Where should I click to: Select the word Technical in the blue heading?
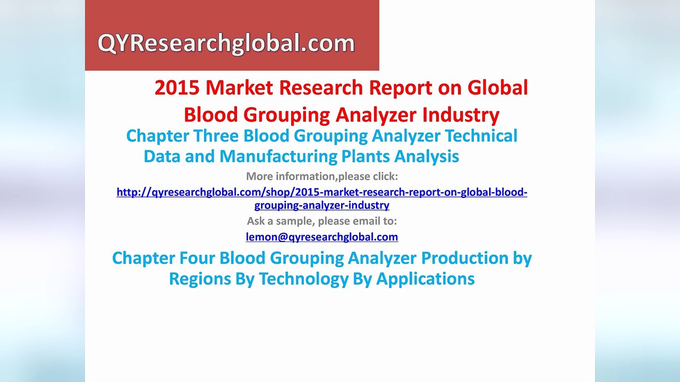[x=481, y=136]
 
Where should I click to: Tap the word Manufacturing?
[x=278, y=157]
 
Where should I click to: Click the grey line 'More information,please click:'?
[x=322, y=176]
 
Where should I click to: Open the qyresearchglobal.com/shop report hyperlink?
[x=322, y=192]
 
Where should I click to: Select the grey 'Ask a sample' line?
[x=322, y=221]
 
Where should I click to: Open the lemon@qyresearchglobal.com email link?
[x=322, y=237]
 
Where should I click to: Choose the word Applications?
[x=426, y=279]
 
